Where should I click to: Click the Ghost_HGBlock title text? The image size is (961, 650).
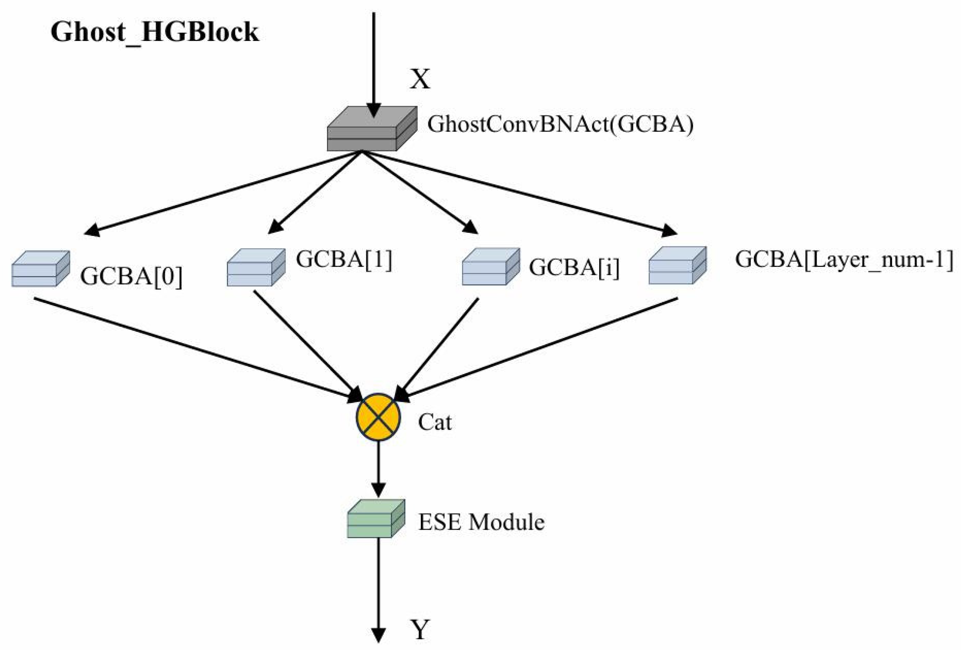155,32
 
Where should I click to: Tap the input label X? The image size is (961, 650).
420,79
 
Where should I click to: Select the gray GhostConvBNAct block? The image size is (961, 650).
372,129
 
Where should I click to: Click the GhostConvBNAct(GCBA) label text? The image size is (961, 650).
560,124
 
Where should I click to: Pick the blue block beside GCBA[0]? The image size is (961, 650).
40,269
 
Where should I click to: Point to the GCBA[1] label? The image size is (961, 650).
344,260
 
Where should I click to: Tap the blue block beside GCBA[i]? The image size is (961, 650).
490,267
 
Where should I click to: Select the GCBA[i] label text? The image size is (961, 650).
574,268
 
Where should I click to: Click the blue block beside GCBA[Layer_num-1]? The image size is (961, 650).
677,265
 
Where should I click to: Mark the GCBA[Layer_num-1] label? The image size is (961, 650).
843,260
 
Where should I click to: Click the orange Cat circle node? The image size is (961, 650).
378,417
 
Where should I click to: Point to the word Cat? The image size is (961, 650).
434,422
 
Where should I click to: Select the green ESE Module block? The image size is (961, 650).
375,519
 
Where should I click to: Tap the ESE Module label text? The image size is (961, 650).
481,522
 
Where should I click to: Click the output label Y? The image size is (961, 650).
420,630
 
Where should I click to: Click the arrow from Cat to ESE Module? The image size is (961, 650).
378,468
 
